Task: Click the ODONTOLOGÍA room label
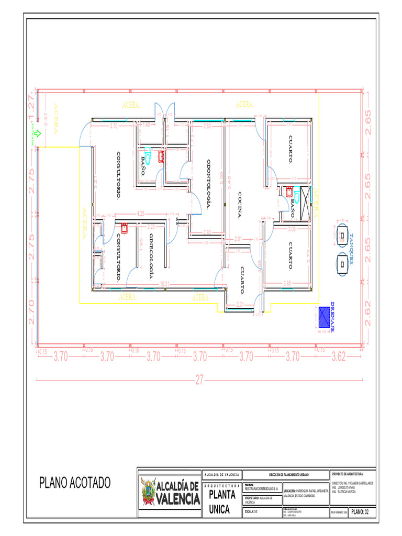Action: (x=208, y=184)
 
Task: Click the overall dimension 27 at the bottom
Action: (x=199, y=381)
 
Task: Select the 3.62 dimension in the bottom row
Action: (x=339, y=357)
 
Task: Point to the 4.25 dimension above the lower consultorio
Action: (x=140, y=214)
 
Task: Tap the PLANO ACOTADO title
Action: (x=75, y=483)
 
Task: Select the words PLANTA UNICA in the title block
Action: (x=222, y=501)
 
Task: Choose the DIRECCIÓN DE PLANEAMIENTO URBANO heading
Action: (x=286, y=475)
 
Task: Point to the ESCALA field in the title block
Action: (x=252, y=511)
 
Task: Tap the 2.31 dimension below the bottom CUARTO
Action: (x=240, y=305)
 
